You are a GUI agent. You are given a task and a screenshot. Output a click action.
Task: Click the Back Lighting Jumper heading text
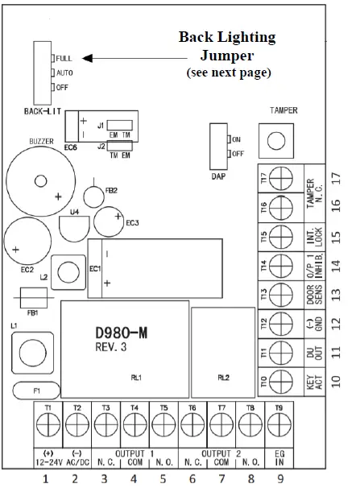(x=227, y=48)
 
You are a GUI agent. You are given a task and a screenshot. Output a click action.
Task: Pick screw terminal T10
(x=279, y=380)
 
